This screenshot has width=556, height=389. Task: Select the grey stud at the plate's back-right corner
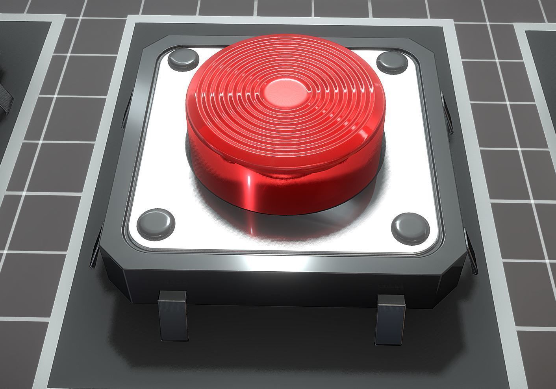click(391, 62)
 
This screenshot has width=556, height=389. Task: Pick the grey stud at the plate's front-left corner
click(156, 223)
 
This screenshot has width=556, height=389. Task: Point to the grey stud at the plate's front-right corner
click(411, 227)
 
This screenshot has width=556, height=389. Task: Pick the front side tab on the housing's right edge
click(471, 252)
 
